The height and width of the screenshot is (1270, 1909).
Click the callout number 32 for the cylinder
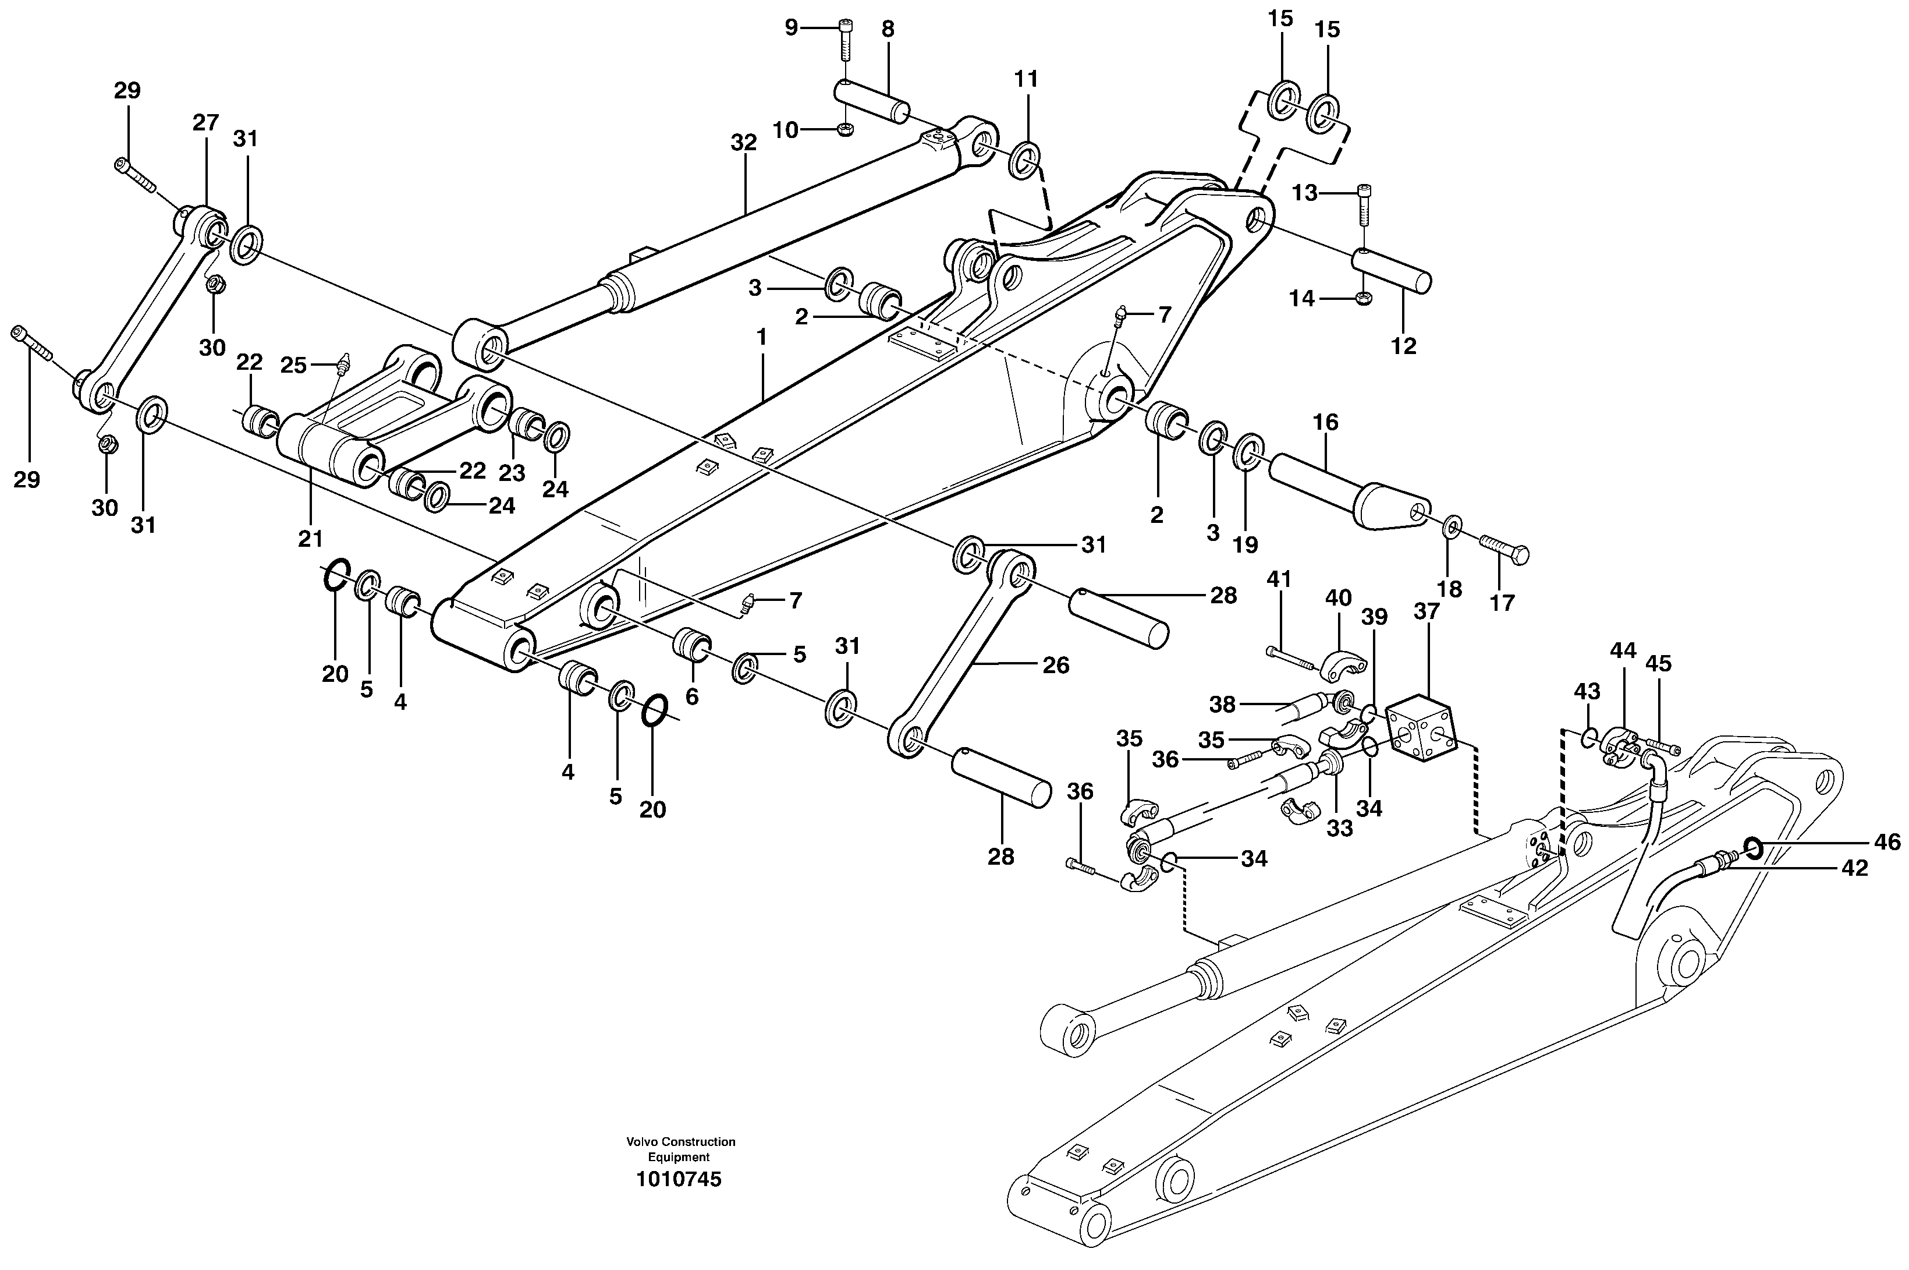click(743, 143)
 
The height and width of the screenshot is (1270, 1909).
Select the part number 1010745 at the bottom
click(679, 1179)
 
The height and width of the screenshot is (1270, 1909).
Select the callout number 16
click(1325, 422)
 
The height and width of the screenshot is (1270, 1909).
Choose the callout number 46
click(1887, 843)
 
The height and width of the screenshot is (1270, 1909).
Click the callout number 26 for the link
click(1056, 665)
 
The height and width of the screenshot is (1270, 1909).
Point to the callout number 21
click(310, 539)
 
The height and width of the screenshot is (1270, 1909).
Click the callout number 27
click(205, 123)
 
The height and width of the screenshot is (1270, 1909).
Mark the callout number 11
click(1025, 79)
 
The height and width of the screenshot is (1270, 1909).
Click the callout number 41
click(1279, 580)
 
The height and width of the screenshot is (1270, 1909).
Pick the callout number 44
click(1623, 650)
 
